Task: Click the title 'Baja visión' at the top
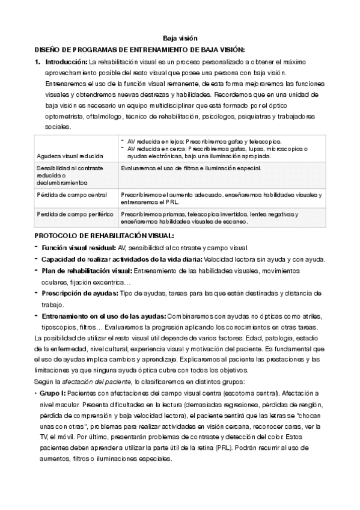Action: tap(180, 37)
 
